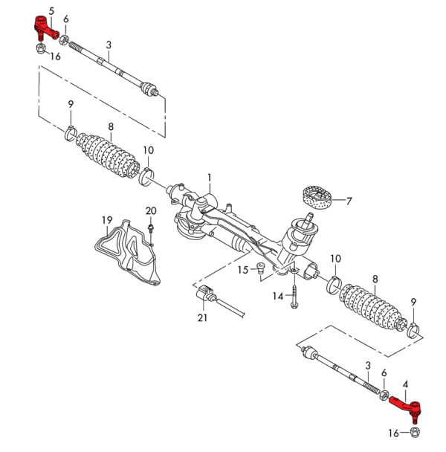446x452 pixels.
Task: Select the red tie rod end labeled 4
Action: pyautogui.click(x=405, y=404)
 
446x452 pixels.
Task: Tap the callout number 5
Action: pyautogui.click(x=51, y=10)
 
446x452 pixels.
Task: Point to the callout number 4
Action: pyautogui.click(x=405, y=384)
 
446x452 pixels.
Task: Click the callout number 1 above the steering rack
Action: pyautogui.click(x=210, y=178)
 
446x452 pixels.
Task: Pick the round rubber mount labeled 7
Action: pyautogui.click(x=315, y=198)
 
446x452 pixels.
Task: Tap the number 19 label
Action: pyautogui.click(x=106, y=220)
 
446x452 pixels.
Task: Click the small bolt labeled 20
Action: pyautogui.click(x=150, y=227)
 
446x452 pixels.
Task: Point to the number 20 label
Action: pyautogui.click(x=151, y=211)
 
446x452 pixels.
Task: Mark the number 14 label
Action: pyautogui.click(x=277, y=296)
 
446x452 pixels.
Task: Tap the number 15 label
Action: pyautogui.click(x=243, y=270)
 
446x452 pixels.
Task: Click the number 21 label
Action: pyautogui.click(x=203, y=318)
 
